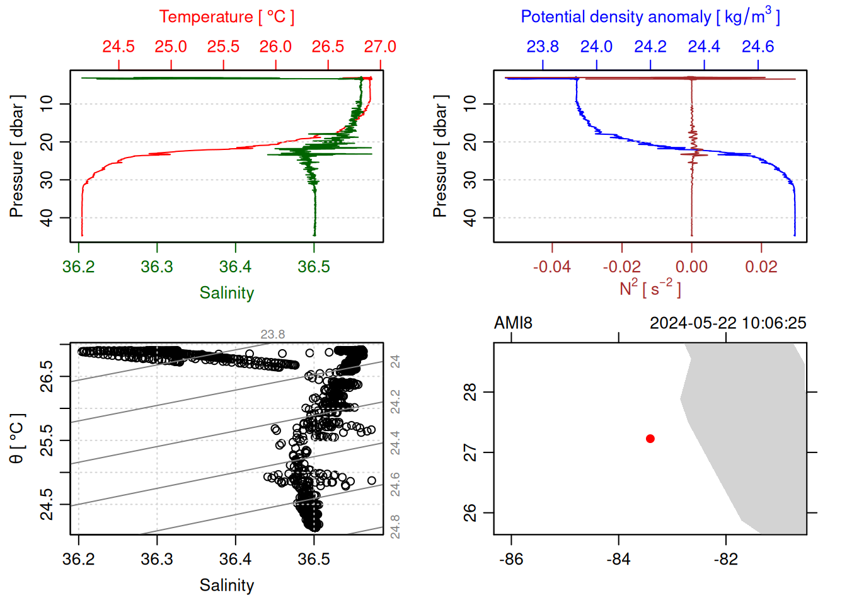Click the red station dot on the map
click(x=650, y=439)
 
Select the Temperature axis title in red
click(x=226, y=17)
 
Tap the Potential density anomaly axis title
click(x=650, y=16)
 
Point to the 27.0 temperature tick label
click(x=380, y=47)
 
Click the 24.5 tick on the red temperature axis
click(x=118, y=47)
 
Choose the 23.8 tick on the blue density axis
click(x=543, y=47)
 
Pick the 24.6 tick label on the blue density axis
click(x=758, y=47)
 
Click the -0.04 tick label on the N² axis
click(x=552, y=267)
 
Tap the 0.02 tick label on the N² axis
click(x=761, y=267)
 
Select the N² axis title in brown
click(x=650, y=288)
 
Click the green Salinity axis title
click(x=226, y=293)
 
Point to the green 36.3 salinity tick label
click(x=157, y=267)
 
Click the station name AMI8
click(x=513, y=323)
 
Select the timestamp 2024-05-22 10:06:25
click(x=728, y=323)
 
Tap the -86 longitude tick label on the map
click(x=511, y=560)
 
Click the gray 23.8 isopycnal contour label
click(x=272, y=335)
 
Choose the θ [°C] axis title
click(x=16, y=439)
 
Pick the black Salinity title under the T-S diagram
click(x=226, y=585)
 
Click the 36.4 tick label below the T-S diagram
click(x=236, y=560)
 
